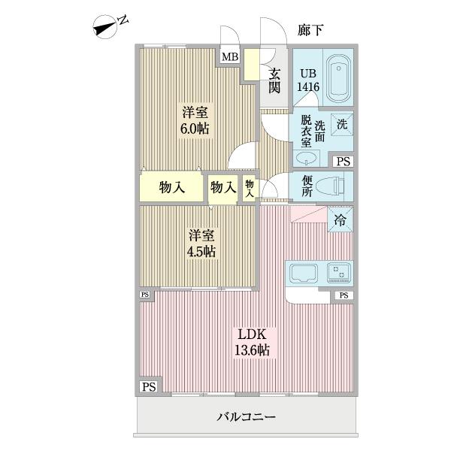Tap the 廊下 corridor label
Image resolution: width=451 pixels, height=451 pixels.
[x=310, y=30]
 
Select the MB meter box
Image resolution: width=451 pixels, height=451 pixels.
[x=229, y=56]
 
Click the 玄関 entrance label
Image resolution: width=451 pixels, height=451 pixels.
[x=275, y=80]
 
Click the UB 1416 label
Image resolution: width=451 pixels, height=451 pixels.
[x=307, y=80]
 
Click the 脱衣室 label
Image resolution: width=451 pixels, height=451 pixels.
[x=306, y=131]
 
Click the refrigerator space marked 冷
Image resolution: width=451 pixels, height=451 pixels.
[x=341, y=220]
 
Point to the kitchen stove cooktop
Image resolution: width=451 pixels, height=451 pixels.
[x=338, y=272]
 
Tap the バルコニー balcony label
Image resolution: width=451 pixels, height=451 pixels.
[x=247, y=416]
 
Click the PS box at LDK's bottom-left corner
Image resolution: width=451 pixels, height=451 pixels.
[x=148, y=387]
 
